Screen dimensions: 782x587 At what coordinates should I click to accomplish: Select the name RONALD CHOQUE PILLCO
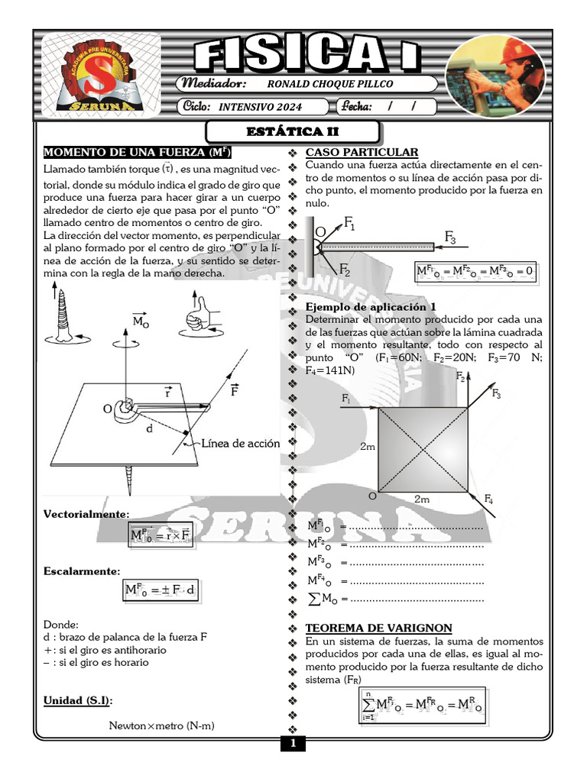pos(331,84)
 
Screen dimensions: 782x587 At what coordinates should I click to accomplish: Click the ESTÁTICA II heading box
pos(293,132)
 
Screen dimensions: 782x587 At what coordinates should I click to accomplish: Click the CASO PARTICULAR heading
pos(362,152)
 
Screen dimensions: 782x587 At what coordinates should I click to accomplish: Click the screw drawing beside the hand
pos(61,315)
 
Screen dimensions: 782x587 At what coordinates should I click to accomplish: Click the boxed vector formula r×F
pos(161,535)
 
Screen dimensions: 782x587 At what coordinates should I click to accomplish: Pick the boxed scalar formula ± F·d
pos(161,590)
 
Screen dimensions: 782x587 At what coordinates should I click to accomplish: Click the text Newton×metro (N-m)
pos(161,725)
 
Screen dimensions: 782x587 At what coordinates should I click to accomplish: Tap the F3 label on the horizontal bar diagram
pos(450,240)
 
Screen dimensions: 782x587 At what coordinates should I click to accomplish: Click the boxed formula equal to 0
pos(475,272)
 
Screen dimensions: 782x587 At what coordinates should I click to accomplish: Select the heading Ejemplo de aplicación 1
pos(365,307)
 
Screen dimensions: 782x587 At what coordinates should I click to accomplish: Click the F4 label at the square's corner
pos(488,499)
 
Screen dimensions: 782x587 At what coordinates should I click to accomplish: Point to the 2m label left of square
pos(367,447)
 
